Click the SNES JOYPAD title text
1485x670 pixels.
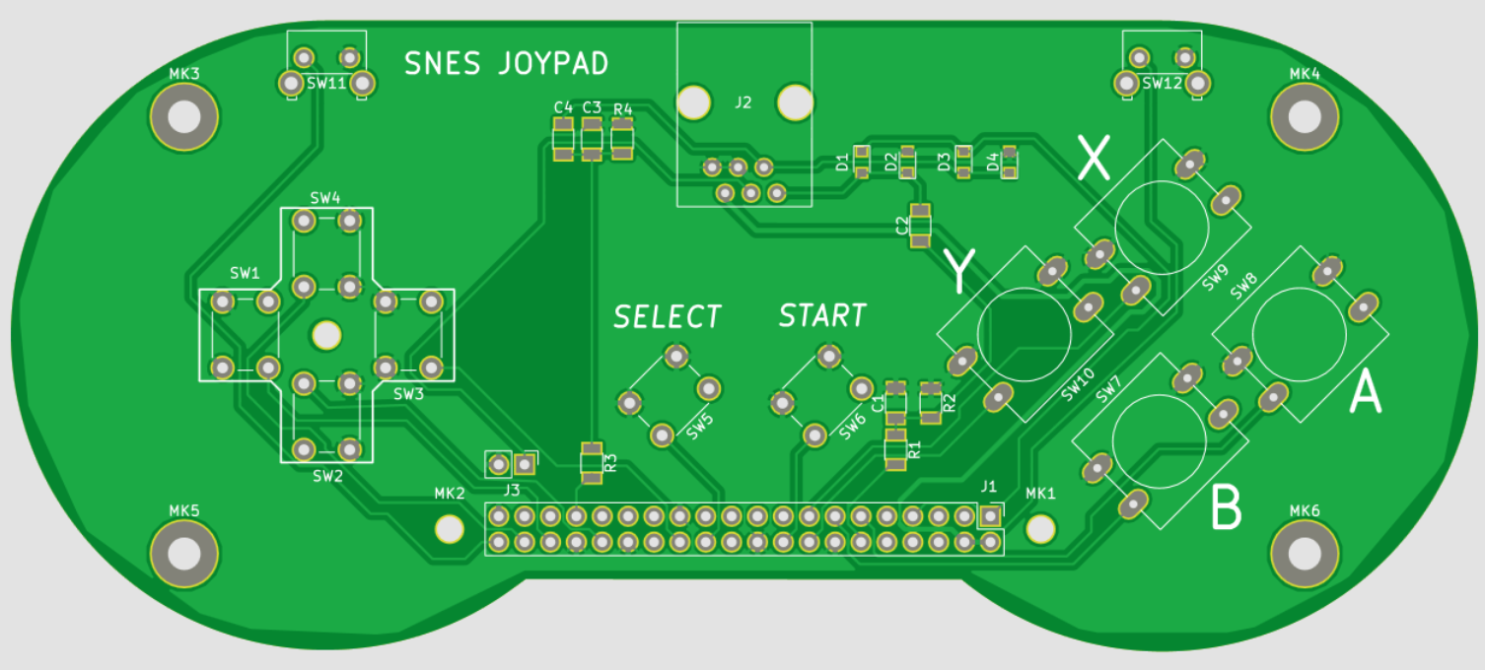(506, 64)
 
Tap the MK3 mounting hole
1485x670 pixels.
(183, 117)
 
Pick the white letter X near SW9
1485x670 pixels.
(1093, 158)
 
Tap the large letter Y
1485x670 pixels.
(959, 271)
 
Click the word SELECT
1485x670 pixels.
(668, 317)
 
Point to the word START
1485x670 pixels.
(822, 316)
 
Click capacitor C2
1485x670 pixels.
(920, 226)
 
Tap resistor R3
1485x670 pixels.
(591, 463)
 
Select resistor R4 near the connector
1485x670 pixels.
(622, 140)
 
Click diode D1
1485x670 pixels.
(862, 163)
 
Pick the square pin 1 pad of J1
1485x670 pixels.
(990, 516)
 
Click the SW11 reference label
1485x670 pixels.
(326, 84)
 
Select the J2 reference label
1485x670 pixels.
(743, 101)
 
